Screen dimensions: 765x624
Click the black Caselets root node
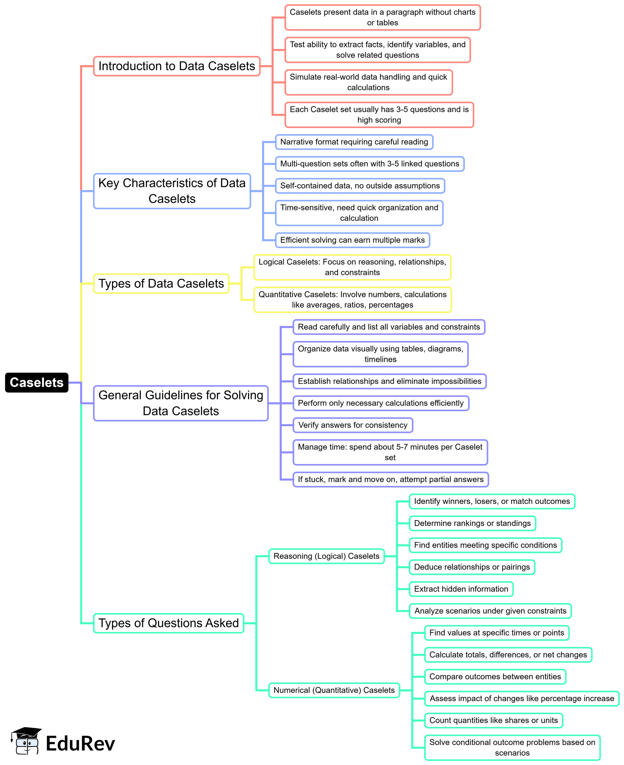pos(37,383)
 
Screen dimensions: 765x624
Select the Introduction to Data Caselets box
pos(177,66)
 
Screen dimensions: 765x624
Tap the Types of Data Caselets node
pos(161,284)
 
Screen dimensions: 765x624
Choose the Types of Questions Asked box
pos(169,623)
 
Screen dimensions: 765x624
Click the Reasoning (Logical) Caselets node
pos(326,556)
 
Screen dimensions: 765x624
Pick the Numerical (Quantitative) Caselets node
pos(334,690)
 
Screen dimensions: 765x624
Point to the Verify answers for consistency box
pos(353,425)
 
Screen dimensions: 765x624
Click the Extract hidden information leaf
pos(461,589)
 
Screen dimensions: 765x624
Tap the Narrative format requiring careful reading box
pos(354,142)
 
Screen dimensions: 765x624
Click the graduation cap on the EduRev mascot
pos(27,732)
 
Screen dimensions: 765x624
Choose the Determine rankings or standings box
pos(472,523)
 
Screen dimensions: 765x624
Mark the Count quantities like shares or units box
pos(494,720)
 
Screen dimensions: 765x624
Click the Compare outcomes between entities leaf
pos(495,677)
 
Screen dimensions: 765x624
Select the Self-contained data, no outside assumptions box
pos(360,186)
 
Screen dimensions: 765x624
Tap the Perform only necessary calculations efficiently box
pos(381,403)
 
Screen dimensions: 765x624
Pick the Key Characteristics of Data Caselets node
pos(172,191)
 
